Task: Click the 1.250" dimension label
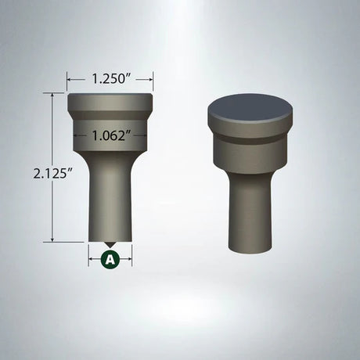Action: [x=110, y=78]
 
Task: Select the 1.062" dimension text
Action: [x=110, y=134]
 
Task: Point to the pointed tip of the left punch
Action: [x=110, y=244]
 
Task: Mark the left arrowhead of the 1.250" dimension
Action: [x=70, y=78]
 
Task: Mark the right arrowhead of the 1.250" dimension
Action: [x=151, y=78]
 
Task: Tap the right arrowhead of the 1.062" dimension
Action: [x=143, y=134]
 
